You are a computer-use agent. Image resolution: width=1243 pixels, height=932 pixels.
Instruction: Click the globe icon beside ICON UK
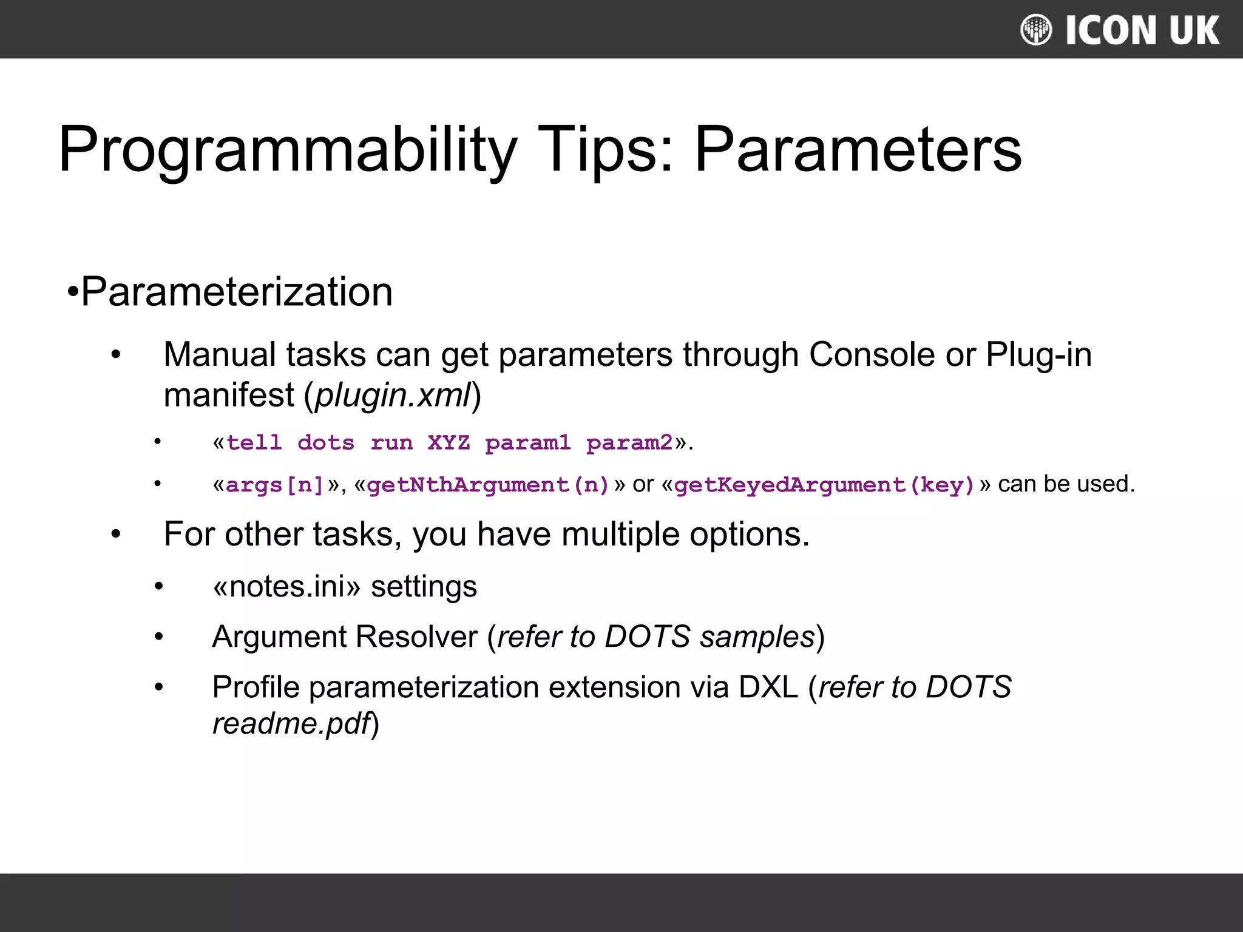pyautogui.click(x=1035, y=30)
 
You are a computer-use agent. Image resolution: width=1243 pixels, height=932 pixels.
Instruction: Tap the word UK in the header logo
pyautogui.click(x=1194, y=30)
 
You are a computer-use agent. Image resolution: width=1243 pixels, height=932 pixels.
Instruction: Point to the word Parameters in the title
pyautogui.click(x=858, y=150)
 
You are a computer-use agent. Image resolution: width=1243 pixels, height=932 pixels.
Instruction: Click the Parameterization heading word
pyautogui.click(x=237, y=292)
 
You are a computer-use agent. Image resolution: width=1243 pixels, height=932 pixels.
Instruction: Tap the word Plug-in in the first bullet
pyautogui.click(x=1038, y=354)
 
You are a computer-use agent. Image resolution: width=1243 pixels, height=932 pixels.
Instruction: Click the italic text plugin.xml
pyautogui.click(x=393, y=395)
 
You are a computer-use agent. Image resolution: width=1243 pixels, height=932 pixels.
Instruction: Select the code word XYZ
pyautogui.click(x=449, y=442)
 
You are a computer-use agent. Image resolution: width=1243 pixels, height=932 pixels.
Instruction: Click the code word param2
pyautogui.click(x=629, y=442)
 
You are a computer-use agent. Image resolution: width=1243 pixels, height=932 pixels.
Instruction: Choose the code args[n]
pyautogui.click(x=275, y=485)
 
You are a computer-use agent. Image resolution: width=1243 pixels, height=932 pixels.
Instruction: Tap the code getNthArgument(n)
pyautogui.click(x=488, y=485)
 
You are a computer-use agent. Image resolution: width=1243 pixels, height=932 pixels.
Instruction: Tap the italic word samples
pyautogui.click(x=757, y=637)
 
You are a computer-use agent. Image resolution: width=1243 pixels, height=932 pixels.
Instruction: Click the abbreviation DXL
pyautogui.click(x=768, y=687)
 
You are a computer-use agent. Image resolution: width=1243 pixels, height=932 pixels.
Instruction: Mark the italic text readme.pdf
pyautogui.click(x=291, y=724)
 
